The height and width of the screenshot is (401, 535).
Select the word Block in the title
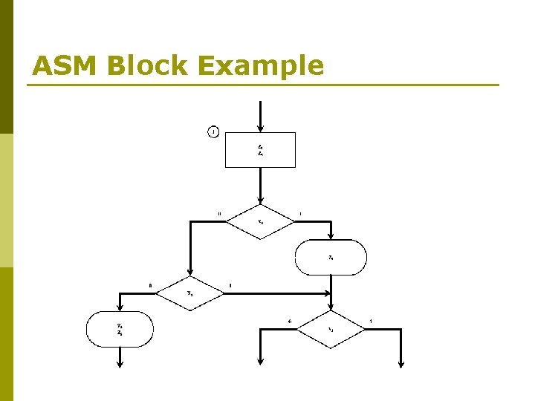click(x=148, y=66)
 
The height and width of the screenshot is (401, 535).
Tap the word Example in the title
click(x=261, y=66)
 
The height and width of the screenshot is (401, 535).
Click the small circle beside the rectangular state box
click(x=213, y=132)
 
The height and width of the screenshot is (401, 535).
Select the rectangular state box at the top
click(x=260, y=150)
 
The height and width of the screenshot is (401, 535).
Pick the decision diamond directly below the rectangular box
click(x=260, y=221)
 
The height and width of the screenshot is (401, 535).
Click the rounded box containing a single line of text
click(x=331, y=258)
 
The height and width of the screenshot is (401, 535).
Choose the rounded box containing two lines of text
click(x=120, y=329)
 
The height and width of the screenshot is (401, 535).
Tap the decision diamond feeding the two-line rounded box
click(x=190, y=293)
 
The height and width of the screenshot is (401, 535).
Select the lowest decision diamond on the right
click(x=331, y=329)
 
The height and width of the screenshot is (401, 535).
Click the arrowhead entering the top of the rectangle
click(x=260, y=128)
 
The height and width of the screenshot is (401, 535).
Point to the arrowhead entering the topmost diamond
click(x=260, y=200)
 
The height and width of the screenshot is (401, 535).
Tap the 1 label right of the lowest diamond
click(x=371, y=321)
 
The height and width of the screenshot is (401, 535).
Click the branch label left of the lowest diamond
click(x=290, y=321)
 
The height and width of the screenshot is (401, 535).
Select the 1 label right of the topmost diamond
click(x=300, y=214)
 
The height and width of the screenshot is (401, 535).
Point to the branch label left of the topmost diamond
click(x=219, y=214)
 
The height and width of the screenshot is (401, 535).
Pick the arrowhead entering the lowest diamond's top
click(x=331, y=307)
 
